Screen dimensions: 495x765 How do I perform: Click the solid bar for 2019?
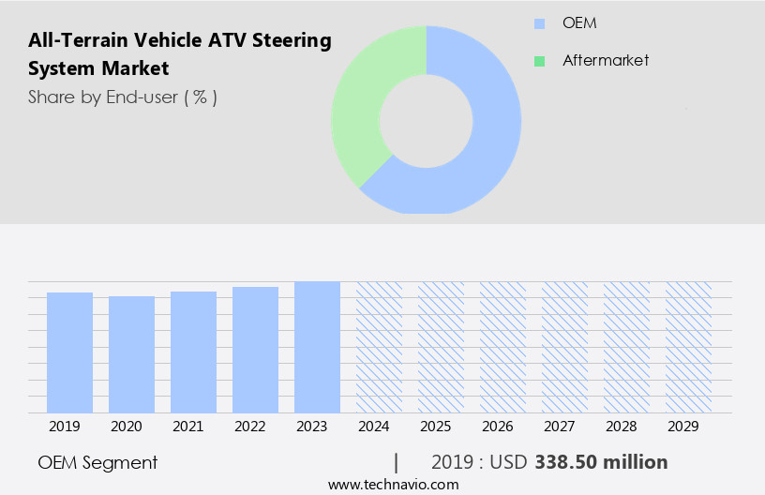[x=69, y=352]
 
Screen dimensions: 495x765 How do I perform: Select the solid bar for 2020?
[x=131, y=354]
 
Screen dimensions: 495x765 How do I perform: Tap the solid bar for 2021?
[x=193, y=352]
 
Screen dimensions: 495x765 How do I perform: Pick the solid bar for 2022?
[x=255, y=350]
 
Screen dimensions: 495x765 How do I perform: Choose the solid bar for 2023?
[x=317, y=347]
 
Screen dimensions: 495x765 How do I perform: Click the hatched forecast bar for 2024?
[x=379, y=347]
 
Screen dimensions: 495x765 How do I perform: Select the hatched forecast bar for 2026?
[x=502, y=347]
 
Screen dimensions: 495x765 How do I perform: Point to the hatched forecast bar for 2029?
[x=688, y=347]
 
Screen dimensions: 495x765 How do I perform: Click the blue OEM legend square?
[x=539, y=23]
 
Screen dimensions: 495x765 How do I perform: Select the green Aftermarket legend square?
[x=539, y=61]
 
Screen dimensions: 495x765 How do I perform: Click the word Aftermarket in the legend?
[x=606, y=61]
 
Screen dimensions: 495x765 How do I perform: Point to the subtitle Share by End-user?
[x=122, y=97]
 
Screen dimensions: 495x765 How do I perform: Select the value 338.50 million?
[x=601, y=462]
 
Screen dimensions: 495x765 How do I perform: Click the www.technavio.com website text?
[x=393, y=485]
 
